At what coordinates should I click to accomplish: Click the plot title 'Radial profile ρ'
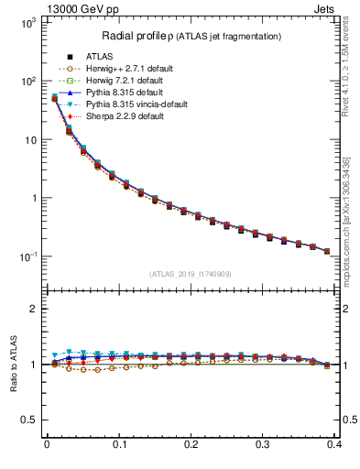[136, 36]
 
